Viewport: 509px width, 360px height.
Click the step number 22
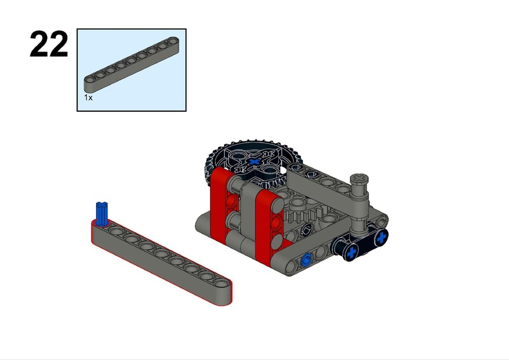click(x=49, y=44)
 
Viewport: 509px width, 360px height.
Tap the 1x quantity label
click(x=88, y=97)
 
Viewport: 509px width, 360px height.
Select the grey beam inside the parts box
click(x=132, y=65)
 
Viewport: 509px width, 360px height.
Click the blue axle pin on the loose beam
click(x=101, y=214)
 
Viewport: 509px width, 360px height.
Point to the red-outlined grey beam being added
click(x=162, y=261)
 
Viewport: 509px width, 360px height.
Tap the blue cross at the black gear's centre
click(x=254, y=162)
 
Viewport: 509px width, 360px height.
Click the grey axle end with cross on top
click(x=359, y=178)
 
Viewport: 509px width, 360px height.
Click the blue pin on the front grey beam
click(x=306, y=260)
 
